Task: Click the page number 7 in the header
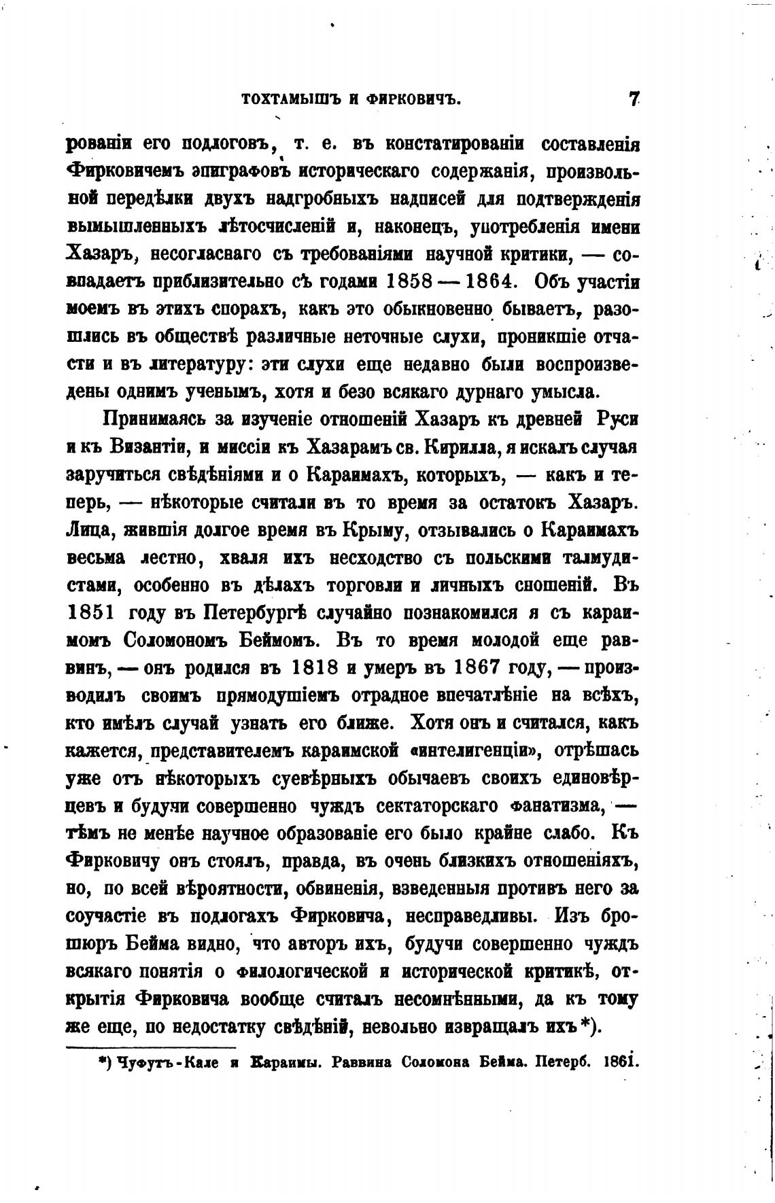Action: (x=634, y=99)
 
